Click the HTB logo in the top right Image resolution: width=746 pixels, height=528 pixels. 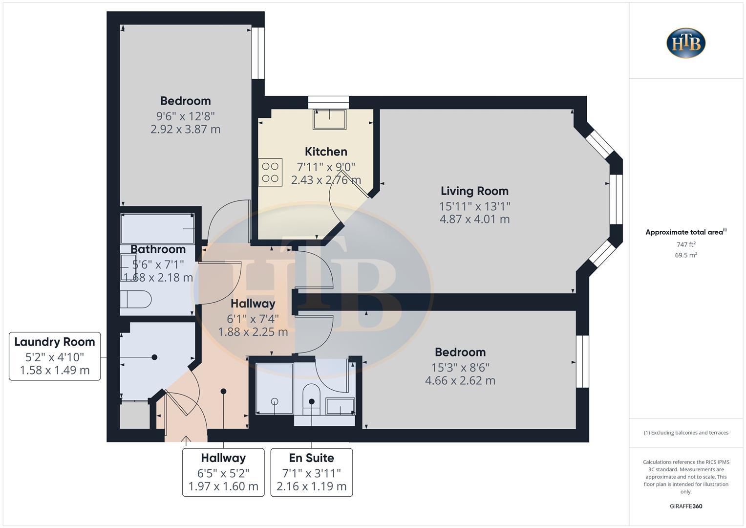tap(686, 43)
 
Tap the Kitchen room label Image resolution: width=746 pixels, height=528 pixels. tap(326, 152)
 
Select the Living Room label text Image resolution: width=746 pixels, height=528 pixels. tap(474, 191)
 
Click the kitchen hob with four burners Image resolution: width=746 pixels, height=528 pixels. tap(270, 173)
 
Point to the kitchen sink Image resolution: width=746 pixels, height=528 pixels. tap(329, 119)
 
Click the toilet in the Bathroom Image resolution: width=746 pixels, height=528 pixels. tap(136, 299)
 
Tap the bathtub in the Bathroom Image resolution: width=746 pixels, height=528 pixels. tap(157, 228)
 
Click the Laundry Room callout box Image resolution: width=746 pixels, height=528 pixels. tap(55, 356)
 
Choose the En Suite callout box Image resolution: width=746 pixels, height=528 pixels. tap(311, 472)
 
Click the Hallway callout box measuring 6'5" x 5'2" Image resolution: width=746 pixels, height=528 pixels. tap(223, 472)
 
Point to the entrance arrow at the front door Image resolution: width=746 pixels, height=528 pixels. tap(186, 440)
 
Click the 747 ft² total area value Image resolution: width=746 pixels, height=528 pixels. tap(686, 244)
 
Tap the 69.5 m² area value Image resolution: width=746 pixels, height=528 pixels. tap(686, 255)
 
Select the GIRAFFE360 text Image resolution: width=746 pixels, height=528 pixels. tap(686, 506)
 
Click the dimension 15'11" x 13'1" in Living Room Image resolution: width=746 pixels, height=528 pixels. tap(474, 206)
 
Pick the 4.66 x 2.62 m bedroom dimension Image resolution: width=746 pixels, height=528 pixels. tap(460, 380)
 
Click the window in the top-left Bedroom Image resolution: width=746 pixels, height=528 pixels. tap(258, 53)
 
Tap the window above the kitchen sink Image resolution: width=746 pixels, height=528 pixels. tap(329, 102)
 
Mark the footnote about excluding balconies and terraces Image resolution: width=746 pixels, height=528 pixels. tap(686, 433)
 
